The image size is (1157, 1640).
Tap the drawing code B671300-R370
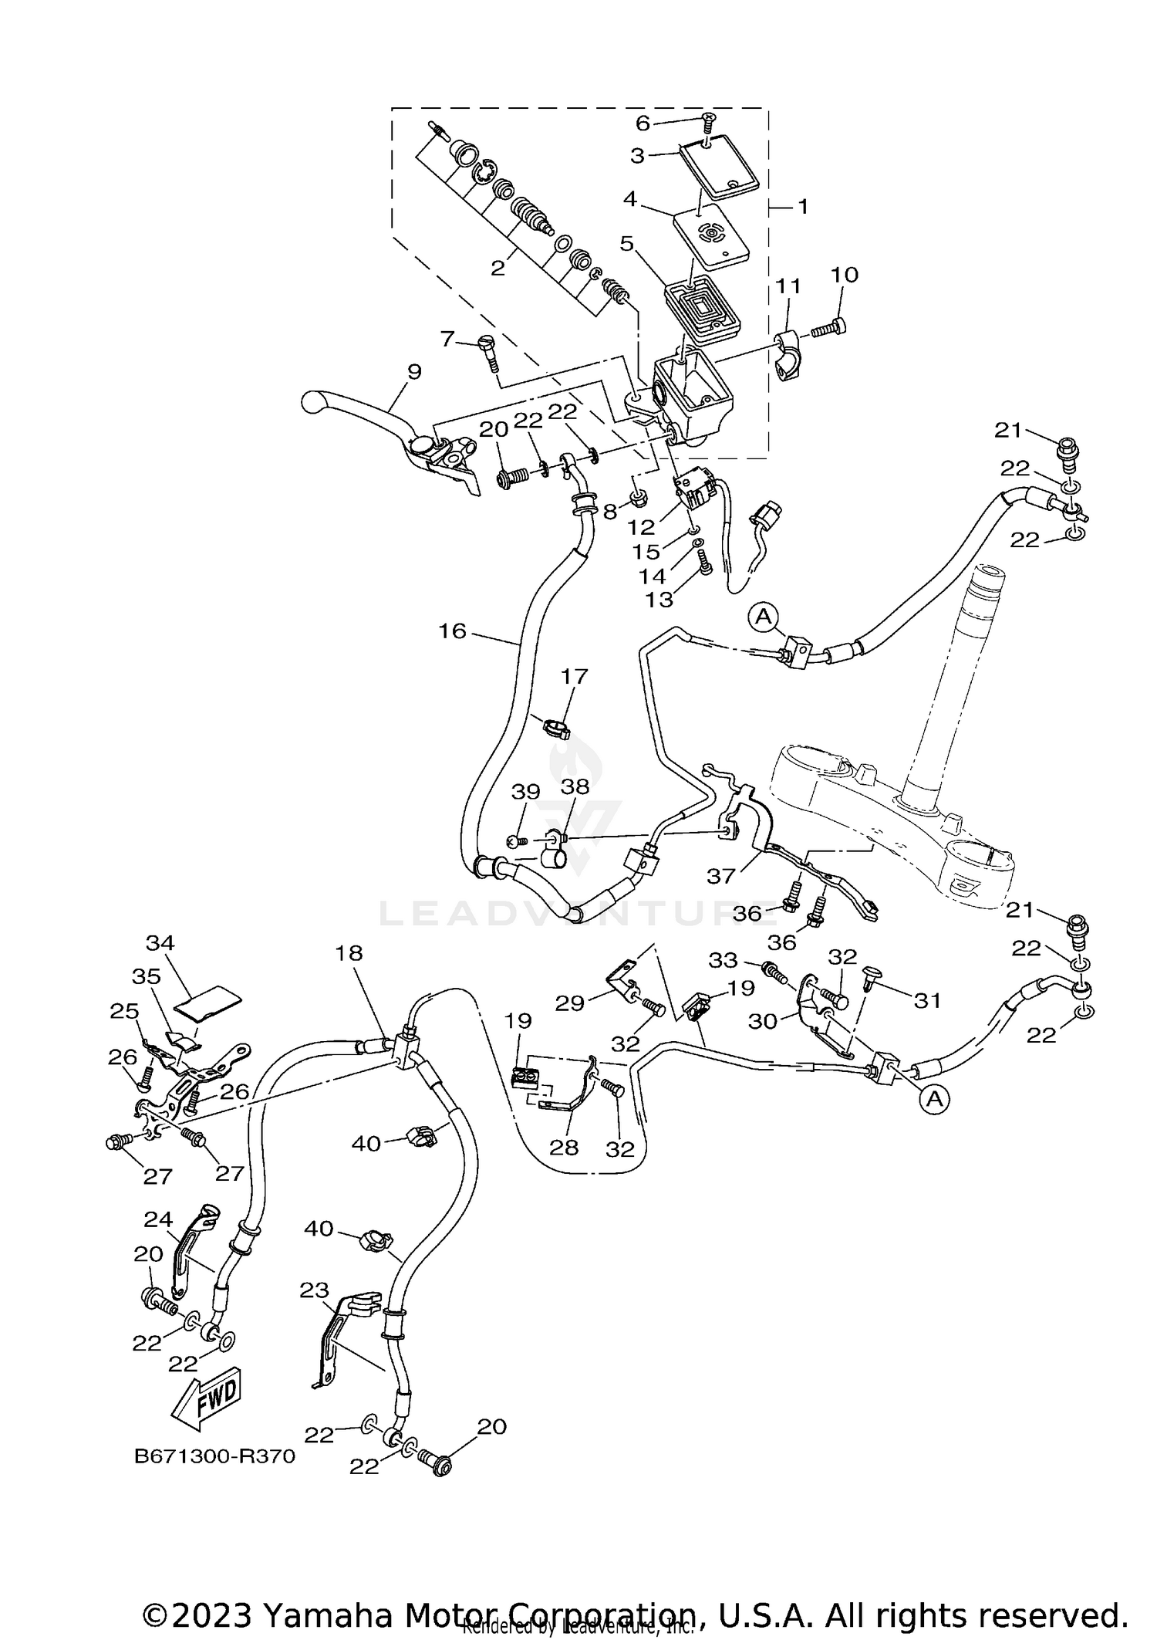(x=214, y=1456)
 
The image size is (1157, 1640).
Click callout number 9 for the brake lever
(x=414, y=371)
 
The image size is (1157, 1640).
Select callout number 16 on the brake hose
(x=453, y=631)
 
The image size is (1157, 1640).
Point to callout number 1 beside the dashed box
(x=802, y=206)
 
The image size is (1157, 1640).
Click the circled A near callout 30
(x=935, y=1100)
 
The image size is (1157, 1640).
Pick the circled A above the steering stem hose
(x=763, y=616)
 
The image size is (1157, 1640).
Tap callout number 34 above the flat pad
(x=160, y=942)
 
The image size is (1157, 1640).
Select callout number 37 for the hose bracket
(x=723, y=875)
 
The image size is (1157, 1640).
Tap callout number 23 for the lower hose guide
(x=315, y=1290)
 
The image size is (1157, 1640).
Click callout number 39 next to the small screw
(x=527, y=792)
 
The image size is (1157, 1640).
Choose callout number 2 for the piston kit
(x=498, y=268)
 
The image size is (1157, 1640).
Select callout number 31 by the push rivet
(x=927, y=1001)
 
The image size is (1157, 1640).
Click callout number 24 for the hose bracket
(x=158, y=1219)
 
